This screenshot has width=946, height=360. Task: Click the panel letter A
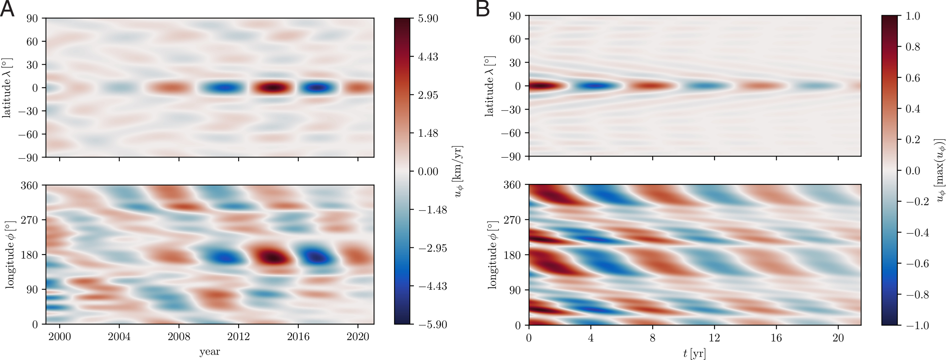click(7, 9)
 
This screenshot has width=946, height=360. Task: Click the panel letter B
click(483, 9)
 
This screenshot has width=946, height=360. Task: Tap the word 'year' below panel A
click(210, 352)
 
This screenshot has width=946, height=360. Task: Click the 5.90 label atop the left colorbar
click(428, 18)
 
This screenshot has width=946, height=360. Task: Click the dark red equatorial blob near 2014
click(272, 87)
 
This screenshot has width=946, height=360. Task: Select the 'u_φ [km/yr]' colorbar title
click(458, 171)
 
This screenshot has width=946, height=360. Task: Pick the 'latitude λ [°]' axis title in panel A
click(7, 87)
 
